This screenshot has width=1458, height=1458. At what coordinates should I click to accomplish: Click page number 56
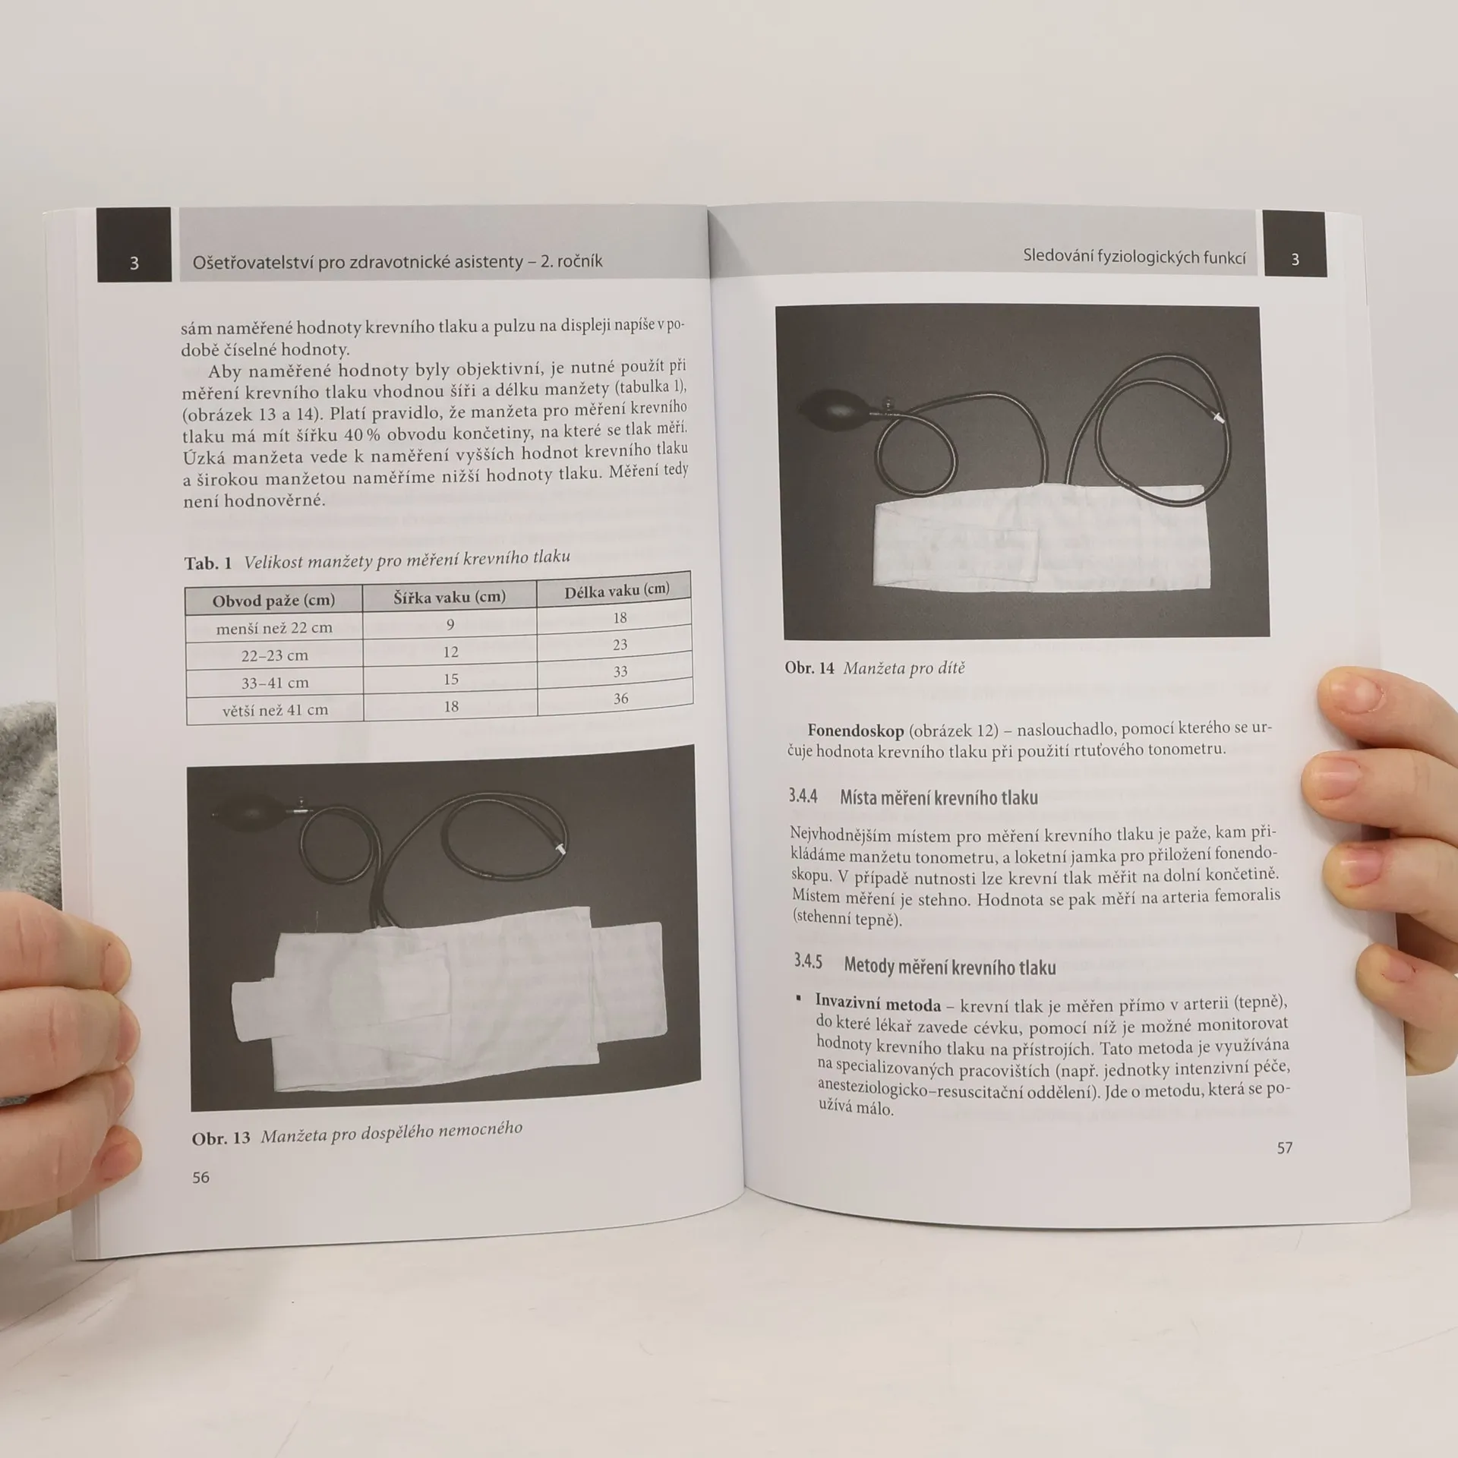coord(200,1177)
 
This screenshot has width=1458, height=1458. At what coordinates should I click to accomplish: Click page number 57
coord(1284,1148)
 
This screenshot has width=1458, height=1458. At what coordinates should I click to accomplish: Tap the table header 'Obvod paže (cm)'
coord(273,601)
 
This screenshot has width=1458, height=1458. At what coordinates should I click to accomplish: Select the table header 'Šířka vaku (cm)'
coord(450,597)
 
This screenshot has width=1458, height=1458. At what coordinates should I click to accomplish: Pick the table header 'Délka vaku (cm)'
coord(617,591)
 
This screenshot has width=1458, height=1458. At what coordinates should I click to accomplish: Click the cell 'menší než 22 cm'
coord(274,628)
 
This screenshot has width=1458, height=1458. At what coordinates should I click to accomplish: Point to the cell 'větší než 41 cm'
coord(275,710)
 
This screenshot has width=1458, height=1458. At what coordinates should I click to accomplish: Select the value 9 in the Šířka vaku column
coord(450,624)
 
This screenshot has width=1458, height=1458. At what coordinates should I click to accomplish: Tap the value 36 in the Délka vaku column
coord(620,699)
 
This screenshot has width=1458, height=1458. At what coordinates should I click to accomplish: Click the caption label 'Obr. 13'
coord(221,1138)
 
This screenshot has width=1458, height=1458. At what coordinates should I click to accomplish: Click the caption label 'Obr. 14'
coord(809,668)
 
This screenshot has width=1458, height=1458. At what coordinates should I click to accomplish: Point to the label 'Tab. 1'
coord(207,563)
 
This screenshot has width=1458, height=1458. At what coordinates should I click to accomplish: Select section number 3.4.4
coord(803,796)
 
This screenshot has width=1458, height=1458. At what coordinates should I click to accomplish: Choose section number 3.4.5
coord(808,961)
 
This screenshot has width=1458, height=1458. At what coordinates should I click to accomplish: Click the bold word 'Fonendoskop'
coord(856,731)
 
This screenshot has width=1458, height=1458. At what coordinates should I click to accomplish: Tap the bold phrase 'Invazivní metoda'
coord(878,1003)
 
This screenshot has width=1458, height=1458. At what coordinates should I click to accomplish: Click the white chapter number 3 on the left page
coord(134,264)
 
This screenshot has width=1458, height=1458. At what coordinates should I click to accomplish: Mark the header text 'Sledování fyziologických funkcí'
coord(1134,257)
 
